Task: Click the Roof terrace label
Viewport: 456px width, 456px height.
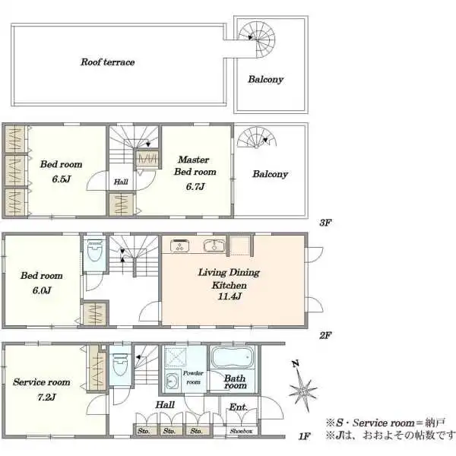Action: click(108, 62)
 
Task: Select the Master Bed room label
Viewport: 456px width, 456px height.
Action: click(195, 166)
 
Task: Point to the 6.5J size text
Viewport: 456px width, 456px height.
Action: click(62, 179)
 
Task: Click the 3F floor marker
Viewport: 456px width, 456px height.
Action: click(325, 223)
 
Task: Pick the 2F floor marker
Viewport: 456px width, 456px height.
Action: click(325, 336)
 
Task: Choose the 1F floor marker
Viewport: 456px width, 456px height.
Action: click(304, 436)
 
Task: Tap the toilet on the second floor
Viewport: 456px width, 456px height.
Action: click(94, 250)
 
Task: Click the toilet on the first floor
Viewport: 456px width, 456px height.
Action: click(120, 364)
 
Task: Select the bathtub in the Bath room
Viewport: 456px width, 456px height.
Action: click(231, 357)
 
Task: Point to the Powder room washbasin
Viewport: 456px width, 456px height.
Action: click(171, 381)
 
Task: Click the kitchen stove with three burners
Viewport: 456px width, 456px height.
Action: click(180, 245)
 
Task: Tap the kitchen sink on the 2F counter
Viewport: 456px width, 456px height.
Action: click(214, 245)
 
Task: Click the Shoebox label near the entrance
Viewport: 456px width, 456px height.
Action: click(241, 431)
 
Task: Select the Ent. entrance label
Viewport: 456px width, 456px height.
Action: click(238, 407)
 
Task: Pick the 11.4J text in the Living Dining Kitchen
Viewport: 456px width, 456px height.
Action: click(230, 296)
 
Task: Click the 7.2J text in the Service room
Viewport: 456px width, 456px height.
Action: click(46, 397)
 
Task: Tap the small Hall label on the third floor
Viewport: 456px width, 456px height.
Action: click(121, 182)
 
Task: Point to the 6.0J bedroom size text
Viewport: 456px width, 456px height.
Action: click(42, 290)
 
